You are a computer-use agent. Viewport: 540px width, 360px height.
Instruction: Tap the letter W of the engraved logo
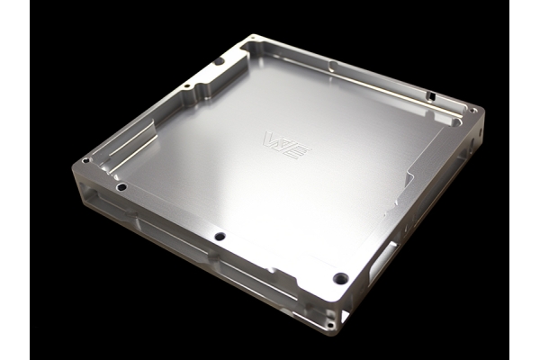coord(271,139)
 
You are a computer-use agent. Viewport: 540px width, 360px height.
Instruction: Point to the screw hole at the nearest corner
coord(340,277)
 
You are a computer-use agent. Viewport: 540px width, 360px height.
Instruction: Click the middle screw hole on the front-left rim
coord(218,237)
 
